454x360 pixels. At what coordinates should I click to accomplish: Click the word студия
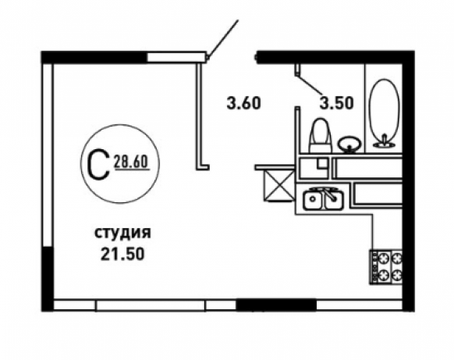122,233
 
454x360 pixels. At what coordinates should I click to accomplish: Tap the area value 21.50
122,255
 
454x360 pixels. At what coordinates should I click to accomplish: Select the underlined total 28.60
132,162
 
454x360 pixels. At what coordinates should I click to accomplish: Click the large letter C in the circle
98,165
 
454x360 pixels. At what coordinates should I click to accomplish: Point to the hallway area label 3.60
244,103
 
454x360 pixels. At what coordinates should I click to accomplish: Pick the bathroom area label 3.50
336,103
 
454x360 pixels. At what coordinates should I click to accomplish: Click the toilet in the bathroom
321,136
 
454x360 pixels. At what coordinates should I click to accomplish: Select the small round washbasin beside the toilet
349,144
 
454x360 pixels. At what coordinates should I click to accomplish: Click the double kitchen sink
324,198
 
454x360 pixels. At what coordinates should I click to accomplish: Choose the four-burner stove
385,266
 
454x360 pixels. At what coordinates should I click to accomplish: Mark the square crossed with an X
278,186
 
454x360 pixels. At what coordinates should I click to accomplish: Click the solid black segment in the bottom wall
276,305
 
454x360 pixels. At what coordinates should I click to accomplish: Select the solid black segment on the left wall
48,279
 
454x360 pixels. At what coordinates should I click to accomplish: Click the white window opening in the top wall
176,57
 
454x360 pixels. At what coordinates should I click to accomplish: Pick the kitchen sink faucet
329,194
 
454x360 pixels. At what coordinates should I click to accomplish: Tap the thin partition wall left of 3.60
199,115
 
